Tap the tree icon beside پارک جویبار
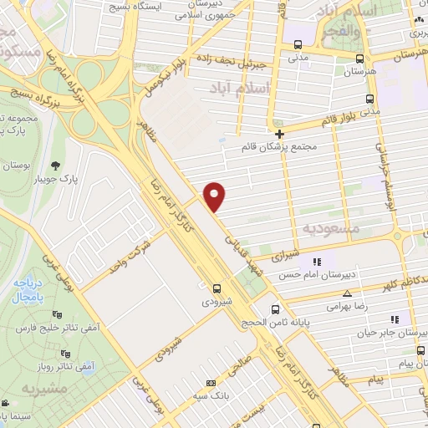[57, 164]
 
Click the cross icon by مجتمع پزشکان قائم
[279, 134]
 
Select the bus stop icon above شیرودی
[217, 284]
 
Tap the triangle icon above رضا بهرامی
[348, 293]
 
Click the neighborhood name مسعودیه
[331, 227]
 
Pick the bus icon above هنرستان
[359, 59]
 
